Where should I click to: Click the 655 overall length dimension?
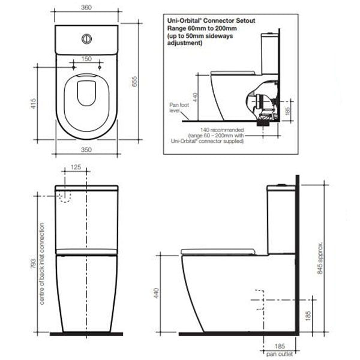click(136, 86)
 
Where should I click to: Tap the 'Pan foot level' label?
click(175, 107)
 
